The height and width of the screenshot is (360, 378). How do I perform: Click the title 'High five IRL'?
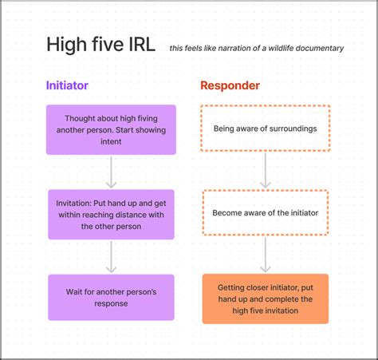(100, 45)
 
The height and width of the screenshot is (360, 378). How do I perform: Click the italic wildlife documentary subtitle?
(256, 48)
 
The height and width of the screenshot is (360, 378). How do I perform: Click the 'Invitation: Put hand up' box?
(111, 214)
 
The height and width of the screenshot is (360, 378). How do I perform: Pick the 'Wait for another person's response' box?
(111, 297)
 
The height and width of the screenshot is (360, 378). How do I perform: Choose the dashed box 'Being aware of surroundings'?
(265, 129)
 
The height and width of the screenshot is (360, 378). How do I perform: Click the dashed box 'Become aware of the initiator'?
(265, 213)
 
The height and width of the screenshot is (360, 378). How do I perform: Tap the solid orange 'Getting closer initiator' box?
(265, 299)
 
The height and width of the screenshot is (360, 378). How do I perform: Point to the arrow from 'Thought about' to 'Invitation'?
(111, 171)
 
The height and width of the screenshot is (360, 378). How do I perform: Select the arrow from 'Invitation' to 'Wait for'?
(111, 255)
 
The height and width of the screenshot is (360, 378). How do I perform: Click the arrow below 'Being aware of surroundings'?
(266, 169)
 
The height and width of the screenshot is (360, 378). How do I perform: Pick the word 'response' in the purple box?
(111, 303)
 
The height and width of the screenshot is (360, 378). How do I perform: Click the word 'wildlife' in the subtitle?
(271, 48)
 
